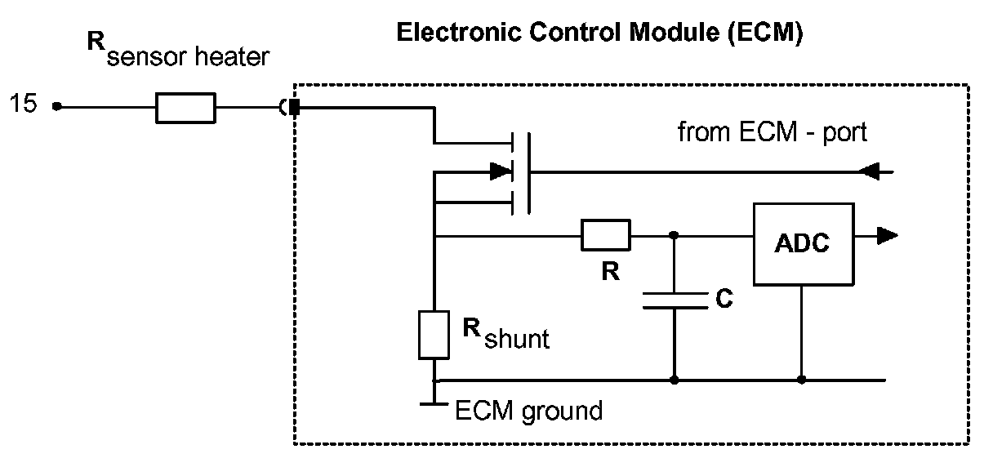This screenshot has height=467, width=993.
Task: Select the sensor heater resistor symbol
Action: [186, 107]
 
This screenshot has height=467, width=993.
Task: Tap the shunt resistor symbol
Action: [434, 334]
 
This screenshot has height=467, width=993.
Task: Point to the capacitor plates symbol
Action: [674, 301]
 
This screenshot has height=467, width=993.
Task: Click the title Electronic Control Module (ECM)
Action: [600, 33]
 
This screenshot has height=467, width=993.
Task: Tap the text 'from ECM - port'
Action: [773, 132]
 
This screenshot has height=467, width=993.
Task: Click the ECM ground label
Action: [528, 409]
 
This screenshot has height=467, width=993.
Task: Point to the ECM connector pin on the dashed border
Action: [295, 107]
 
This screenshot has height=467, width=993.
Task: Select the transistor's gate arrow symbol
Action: [498, 171]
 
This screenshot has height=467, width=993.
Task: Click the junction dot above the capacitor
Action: [674, 236]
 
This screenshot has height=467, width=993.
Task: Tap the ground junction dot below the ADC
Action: [802, 380]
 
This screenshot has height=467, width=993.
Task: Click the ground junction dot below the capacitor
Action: [674, 380]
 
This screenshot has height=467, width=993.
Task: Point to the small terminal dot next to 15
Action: [56, 106]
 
